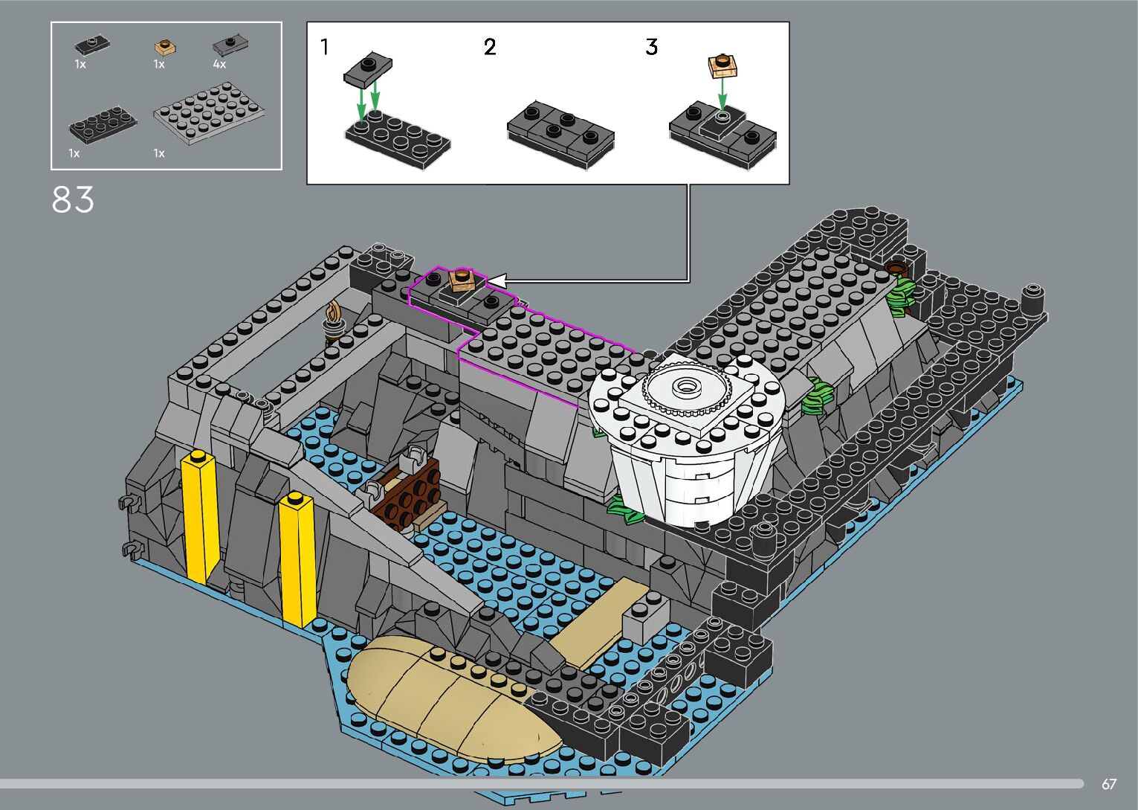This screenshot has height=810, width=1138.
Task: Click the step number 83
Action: pyautogui.click(x=73, y=199)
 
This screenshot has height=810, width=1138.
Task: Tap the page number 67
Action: pyautogui.click(x=1109, y=783)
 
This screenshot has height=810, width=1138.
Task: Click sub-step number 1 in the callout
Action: pyautogui.click(x=325, y=48)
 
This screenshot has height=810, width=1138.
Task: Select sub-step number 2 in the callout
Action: pyautogui.click(x=490, y=48)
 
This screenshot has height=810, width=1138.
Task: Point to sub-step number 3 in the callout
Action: pyautogui.click(x=652, y=48)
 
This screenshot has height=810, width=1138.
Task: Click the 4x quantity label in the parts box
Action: pyautogui.click(x=219, y=64)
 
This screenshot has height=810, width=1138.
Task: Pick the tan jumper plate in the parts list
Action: pyautogui.click(x=165, y=48)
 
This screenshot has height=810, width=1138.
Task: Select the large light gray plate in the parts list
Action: pyautogui.click(x=210, y=114)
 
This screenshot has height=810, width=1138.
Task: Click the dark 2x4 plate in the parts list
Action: pyautogui.click(x=103, y=125)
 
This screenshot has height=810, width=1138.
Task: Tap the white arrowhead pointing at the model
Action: pyautogui.click(x=497, y=281)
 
